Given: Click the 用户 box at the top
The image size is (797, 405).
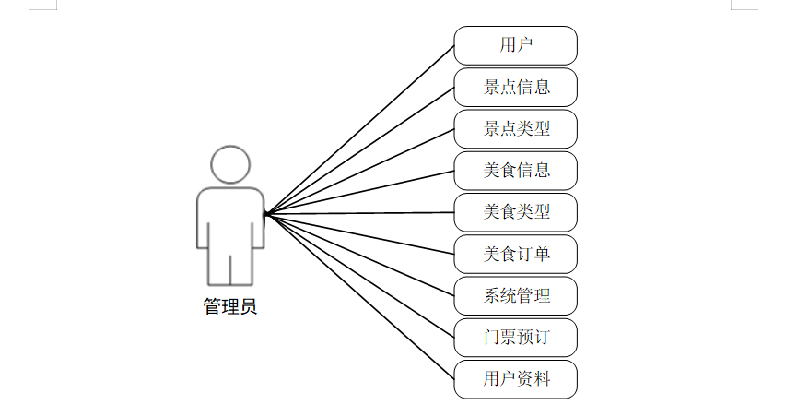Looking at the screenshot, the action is click(x=515, y=44).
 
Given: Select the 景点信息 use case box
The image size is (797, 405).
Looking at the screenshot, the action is click(x=515, y=87).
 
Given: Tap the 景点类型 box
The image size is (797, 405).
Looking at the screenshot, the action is click(x=515, y=128).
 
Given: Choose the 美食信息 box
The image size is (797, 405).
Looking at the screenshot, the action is click(x=515, y=170).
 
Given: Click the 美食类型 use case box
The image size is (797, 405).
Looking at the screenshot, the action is click(x=515, y=211).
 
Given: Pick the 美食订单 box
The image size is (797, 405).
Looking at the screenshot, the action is click(x=515, y=254).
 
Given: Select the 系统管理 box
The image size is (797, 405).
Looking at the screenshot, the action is click(x=515, y=295).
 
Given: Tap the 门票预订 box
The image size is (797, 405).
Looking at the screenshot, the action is click(x=515, y=337).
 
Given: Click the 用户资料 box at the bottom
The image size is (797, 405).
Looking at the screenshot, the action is click(x=515, y=378).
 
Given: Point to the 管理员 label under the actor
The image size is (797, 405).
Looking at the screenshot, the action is click(x=229, y=307).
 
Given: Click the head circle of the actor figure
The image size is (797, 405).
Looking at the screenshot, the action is click(x=229, y=164).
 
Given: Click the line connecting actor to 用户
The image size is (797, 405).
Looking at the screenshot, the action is click(x=359, y=129).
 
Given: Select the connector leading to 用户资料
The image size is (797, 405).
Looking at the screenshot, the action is click(x=359, y=295).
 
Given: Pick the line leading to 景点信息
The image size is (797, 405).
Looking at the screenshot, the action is click(x=359, y=150).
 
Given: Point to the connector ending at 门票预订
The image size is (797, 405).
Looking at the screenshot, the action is click(x=359, y=275).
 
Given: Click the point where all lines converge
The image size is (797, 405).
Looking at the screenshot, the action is click(x=264, y=214).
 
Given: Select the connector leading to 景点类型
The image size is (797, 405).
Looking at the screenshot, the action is click(x=359, y=172).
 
